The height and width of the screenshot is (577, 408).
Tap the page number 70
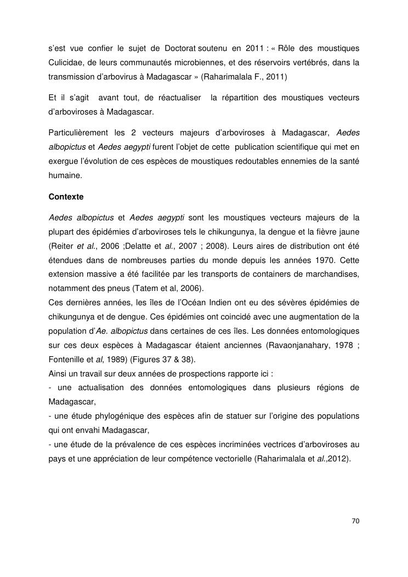[x=355, y=521]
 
